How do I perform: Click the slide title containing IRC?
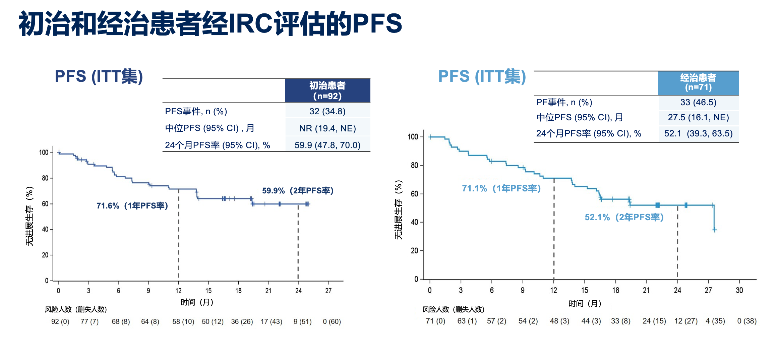coord(210,23)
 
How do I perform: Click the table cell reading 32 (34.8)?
coord(327,111)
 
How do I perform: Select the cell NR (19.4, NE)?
coord(327,128)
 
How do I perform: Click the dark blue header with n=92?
coord(327,91)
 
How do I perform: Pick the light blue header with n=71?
coord(698,83)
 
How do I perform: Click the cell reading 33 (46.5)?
coord(698,102)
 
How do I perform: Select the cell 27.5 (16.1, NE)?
coord(698,117)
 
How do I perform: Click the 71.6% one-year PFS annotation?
coord(132,205)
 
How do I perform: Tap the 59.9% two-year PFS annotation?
coord(298,190)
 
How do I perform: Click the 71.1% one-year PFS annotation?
coord(501,188)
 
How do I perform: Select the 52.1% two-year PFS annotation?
coord(624,217)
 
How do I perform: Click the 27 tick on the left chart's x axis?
coord(328,291)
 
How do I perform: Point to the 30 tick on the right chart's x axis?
coord(739,290)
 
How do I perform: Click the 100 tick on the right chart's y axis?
coord(413,137)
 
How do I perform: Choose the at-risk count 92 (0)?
coord(60,321)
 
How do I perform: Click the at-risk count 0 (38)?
coord(747,321)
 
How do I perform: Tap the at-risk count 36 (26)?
coord(242,321)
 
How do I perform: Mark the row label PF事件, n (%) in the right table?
coord(564,102)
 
